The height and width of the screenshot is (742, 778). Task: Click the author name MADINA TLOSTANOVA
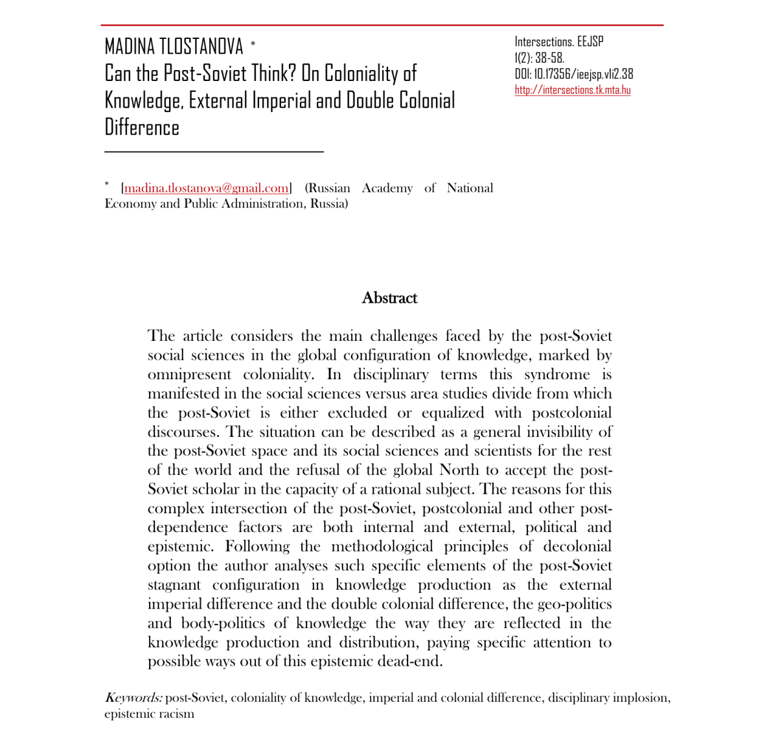pyautogui.click(x=174, y=47)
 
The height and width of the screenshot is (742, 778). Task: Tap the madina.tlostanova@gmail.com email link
pyautogui.click(x=207, y=188)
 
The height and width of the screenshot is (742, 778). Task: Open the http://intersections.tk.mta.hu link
pyautogui.click(x=573, y=90)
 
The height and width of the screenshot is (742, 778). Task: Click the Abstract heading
pyautogui.click(x=389, y=298)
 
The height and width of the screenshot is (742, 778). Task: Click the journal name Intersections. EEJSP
pyautogui.click(x=559, y=41)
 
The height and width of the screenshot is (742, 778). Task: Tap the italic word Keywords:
pyautogui.click(x=133, y=698)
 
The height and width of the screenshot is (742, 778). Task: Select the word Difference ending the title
pyautogui.click(x=142, y=128)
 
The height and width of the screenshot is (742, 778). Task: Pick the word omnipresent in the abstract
pyautogui.click(x=189, y=375)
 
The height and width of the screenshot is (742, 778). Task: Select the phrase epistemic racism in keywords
pyautogui.click(x=149, y=714)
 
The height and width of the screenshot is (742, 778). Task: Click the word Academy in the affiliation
pyautogui.click(x=387, y=188)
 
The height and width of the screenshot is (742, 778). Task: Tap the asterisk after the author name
pyautogui.click(x=253, y=44)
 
